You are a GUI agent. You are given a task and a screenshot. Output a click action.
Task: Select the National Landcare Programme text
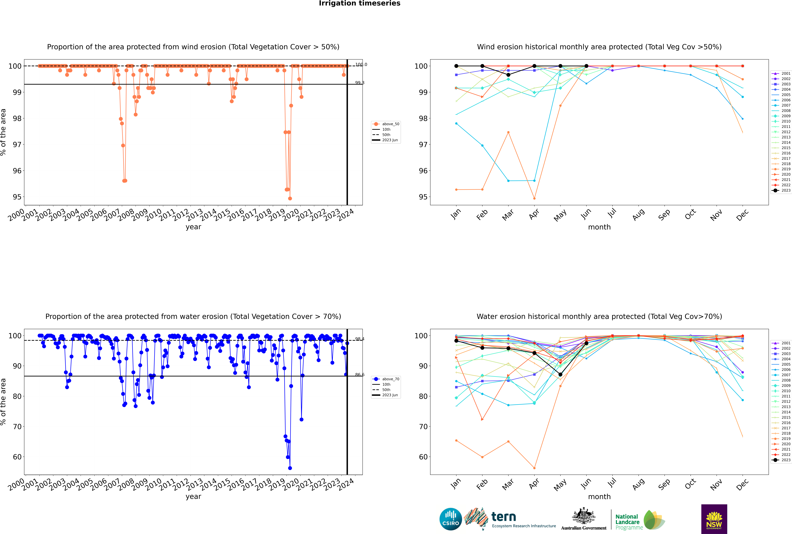[x=628, y=522]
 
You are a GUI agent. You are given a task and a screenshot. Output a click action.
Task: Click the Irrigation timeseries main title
[x=360, y=3]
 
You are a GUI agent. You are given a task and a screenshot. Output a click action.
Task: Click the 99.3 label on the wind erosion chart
[x=360, y=83]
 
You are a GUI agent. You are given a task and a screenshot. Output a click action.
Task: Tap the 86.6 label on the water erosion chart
[x=360, y=375]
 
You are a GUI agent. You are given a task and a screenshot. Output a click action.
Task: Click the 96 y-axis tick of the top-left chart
[x=17, y=171]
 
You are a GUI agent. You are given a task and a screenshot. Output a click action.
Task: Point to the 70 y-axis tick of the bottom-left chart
[x=17, y=427]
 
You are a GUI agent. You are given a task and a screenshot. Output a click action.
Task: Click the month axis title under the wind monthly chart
[x=599, y=227]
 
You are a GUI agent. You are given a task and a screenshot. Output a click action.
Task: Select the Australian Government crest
[x=584, y=516]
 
